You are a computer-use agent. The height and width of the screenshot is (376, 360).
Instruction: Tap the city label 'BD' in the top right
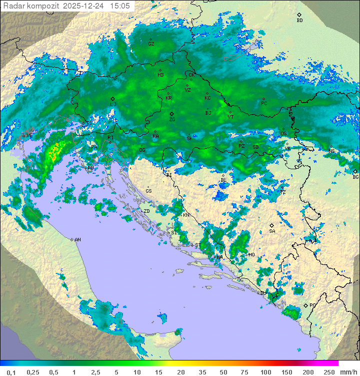[299, 21]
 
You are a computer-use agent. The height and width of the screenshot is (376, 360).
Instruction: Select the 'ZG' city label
[172, 120]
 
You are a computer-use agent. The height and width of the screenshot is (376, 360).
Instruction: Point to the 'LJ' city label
[113, 104]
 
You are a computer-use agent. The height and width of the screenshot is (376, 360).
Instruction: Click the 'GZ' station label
[151, 44]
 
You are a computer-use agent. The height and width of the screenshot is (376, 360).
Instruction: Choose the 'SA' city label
[272, 231]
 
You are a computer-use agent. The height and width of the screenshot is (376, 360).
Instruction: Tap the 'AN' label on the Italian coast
[77, 240]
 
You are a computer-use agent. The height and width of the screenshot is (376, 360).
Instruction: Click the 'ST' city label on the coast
[197, 245]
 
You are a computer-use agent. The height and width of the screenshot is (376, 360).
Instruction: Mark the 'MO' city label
[251, 255]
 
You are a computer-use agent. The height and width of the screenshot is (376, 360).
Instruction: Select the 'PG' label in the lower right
[312, 305]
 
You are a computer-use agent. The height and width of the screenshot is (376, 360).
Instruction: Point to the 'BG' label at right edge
[355, 177]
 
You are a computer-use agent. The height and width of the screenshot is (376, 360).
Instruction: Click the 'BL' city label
[223, 180]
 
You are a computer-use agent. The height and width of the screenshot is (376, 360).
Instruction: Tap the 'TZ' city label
[283, 192]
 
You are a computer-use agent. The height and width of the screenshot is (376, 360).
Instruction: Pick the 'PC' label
[264, 104]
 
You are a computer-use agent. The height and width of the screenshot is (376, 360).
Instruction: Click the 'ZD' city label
[146, 211]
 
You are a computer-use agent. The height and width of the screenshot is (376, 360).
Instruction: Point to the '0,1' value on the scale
[11, 372]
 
